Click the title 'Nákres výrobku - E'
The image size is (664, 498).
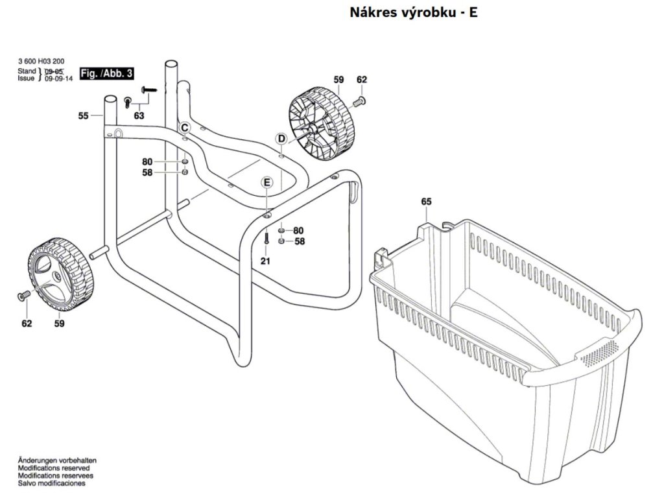click(x=414, y=12)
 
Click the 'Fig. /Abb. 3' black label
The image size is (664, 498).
click(x=106, y=73)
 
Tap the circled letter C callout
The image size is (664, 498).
click(x=184, y=127)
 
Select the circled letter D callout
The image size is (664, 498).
click(x=281, y=138)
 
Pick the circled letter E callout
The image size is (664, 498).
click(x=266, y=182)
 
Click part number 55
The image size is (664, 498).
click(x=83, y=116)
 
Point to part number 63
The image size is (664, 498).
click(x=139, y=116)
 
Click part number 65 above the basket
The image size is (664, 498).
click(x=426, y=202)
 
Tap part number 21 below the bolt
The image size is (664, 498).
click(x=265, y=261)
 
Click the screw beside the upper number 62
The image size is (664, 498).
click(x=359, y=101)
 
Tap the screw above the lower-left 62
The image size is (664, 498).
click(x=23, y=296)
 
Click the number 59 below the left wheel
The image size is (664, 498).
click(x=60, y=323)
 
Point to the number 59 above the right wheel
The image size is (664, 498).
click(x=338, y=79)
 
